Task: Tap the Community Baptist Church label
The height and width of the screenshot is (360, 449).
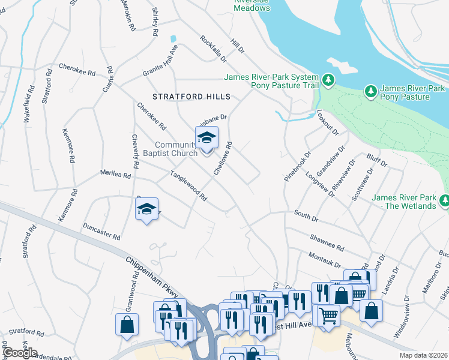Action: pos(176,149)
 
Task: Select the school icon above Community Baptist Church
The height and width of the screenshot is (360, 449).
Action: pos(206,139)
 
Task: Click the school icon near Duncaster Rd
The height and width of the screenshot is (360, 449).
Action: pos(146,209)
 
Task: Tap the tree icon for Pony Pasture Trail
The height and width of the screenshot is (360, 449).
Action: pos(328,80)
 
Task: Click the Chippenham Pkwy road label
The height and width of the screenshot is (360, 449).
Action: pos(153,277)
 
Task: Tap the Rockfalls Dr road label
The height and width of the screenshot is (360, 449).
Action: pos(214,49)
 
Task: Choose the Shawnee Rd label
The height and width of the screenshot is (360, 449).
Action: pos(327,243)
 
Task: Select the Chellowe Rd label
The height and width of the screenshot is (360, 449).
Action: pos(223,158)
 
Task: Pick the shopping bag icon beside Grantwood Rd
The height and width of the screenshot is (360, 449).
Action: pos(127,324)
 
